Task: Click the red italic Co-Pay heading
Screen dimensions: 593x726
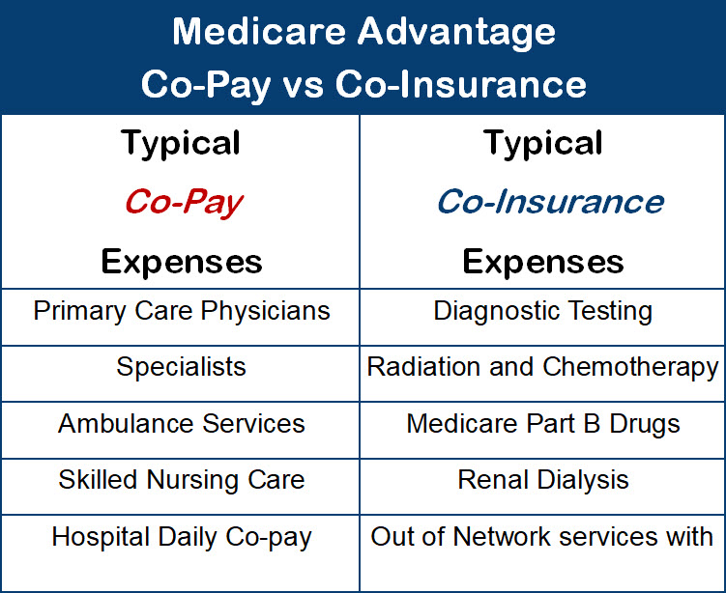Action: click(182, 202)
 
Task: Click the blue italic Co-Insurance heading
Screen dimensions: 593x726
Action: click(549, 202)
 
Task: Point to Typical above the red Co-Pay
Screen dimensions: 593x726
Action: click(181, 144)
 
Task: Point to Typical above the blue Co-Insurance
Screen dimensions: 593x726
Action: click(543, 144)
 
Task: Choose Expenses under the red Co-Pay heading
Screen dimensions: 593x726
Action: click(181, 261)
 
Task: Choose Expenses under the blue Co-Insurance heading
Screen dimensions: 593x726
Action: click(543, 261)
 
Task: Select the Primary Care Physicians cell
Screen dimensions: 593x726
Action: click(181, 312)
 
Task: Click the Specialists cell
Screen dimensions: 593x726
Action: click(181, 368)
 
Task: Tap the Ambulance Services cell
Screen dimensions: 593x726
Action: click(181, 424)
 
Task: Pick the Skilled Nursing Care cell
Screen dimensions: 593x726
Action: click(181, 480)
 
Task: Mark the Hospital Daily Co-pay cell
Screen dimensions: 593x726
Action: click(181, 538)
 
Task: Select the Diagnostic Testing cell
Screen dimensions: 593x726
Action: click(543, 312)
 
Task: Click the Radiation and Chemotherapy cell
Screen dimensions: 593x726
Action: click(543, 368)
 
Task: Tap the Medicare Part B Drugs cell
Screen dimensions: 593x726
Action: click(543, 424)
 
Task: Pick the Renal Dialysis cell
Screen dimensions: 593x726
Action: click(543, 480)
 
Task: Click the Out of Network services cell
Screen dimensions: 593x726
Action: click(543, 538)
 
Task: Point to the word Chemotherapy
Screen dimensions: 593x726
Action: click(631, 368)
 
